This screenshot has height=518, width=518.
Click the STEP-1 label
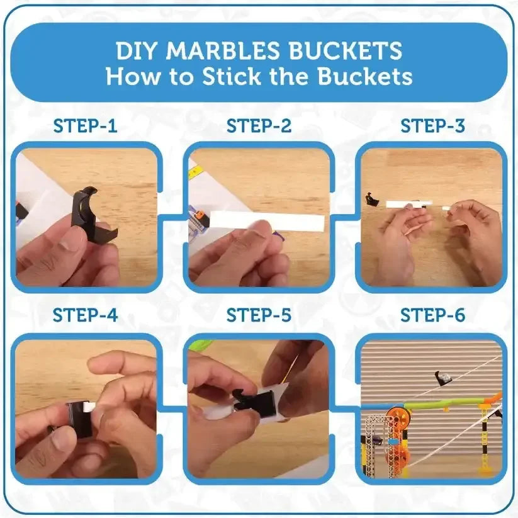click(85, 126)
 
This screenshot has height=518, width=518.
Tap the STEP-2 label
click(259, 126)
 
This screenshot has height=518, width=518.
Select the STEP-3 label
click(433, 126)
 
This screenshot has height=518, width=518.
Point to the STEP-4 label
click(85, 315)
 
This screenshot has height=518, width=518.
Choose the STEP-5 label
click(259, 315)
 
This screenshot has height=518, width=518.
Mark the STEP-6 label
click(433, 315)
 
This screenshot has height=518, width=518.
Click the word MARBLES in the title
click(223, 50)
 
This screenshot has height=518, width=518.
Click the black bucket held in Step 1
click(93, 215)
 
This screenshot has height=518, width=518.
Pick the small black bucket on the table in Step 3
click(372, 200)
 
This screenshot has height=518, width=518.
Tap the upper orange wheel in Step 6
click(398, 417)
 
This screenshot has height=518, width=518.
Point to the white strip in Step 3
click(409, 204)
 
